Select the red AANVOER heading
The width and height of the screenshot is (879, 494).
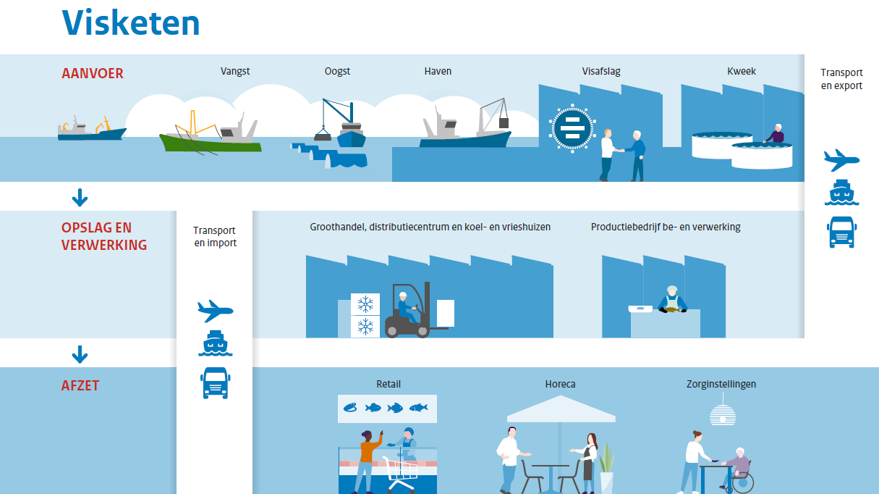(93, 73)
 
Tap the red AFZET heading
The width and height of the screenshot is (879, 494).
(80, 385)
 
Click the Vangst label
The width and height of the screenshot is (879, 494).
(235, 71)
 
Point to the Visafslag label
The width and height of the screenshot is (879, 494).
(601, 71)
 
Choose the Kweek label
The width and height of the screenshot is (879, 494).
(742, 71)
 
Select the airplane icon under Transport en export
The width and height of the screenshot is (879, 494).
(841, 159)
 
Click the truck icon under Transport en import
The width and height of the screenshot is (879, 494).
(216, 382)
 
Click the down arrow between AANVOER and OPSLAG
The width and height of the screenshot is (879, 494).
(80, 197)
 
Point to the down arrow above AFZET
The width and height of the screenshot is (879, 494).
(80, 354)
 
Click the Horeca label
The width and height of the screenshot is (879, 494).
(561, 384)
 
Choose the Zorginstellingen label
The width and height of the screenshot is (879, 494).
(721, 384)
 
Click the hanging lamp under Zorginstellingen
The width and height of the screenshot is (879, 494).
(722, 414)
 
